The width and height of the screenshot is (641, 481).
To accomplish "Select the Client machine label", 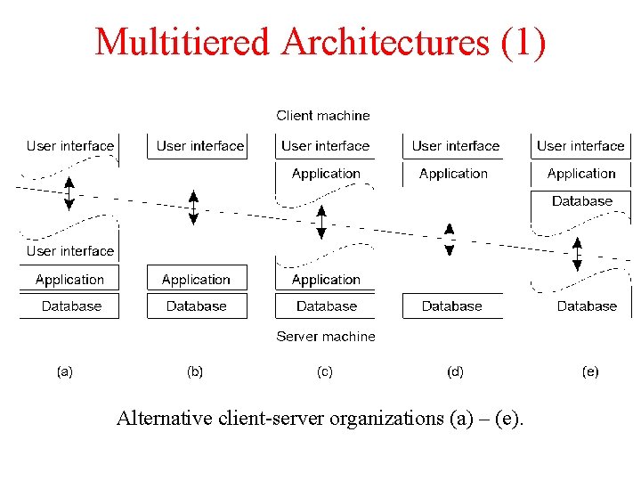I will coord(323,115).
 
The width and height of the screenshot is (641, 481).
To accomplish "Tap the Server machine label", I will coord(326,337).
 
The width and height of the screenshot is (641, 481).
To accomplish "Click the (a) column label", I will coord(65,371).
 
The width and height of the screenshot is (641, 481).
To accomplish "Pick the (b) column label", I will coord(195,371).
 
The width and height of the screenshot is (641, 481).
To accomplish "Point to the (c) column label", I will coord(325,371).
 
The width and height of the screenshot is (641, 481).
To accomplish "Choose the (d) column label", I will coord(455,371).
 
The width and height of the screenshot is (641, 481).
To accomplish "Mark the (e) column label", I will coord(590,371).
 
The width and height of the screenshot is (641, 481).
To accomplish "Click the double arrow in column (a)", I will coord(69,193).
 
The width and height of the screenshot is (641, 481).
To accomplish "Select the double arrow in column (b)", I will coord(193,208).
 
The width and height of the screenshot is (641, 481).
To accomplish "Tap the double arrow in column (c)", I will coord(321,222).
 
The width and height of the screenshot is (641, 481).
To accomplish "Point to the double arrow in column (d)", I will coord(450,239).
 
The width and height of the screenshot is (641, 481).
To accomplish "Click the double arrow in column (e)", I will coord(577,254).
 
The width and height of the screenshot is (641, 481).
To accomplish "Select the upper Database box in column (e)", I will coord(582,201).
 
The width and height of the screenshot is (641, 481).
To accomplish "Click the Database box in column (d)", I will coord(452,306).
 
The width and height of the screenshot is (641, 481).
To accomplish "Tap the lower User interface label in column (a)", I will coord(70,251).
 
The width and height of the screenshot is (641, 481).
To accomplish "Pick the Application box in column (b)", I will coord(197,280).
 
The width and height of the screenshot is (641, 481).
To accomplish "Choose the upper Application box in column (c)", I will coord(326,174).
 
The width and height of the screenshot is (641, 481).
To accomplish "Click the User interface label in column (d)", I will coord(456,146).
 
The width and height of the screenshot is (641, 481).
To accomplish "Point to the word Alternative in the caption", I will coord(164,418).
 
